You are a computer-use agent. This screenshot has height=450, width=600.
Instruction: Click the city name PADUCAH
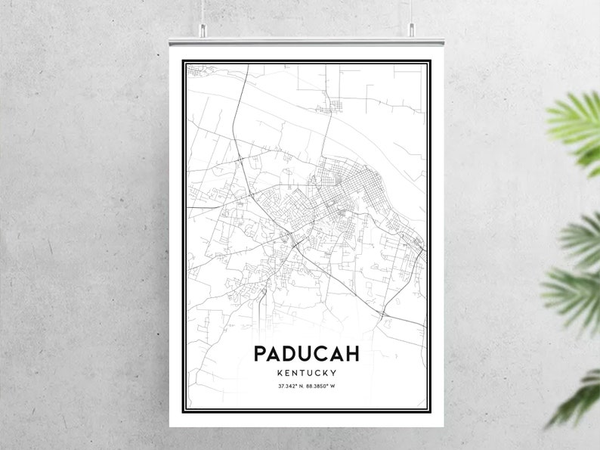[x=307, y=354]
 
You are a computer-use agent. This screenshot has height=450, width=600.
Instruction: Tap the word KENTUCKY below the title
[x=307, y=373]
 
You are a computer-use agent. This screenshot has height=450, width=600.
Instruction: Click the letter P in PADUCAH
[x=261, y=354]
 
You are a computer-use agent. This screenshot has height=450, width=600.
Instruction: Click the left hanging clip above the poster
[x=203, y=28]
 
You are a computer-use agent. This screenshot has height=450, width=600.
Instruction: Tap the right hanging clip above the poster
[x=412, y=28]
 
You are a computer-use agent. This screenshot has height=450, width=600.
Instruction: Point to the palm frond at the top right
[x=578, y=125]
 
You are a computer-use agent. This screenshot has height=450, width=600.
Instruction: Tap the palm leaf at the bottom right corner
[x=578, y=397]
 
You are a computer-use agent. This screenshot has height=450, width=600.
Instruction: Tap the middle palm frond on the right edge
[x=574, y=272]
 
